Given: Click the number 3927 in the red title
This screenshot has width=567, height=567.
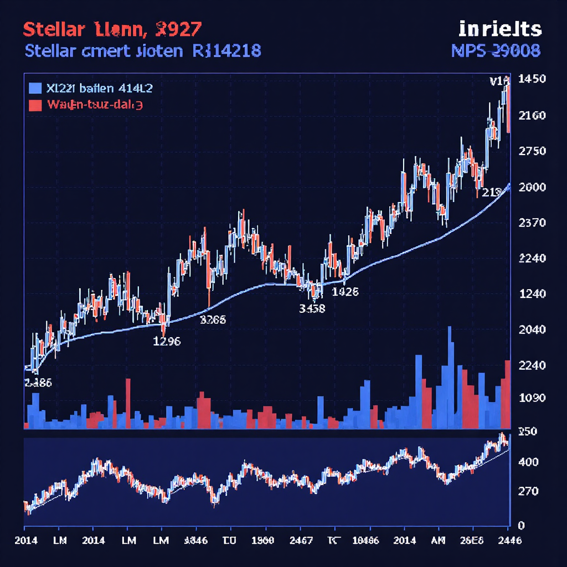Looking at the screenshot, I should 179,28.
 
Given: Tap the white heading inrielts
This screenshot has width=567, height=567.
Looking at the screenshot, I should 499,29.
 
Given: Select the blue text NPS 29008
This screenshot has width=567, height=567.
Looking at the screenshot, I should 496,51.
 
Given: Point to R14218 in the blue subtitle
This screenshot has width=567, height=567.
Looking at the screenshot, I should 226,51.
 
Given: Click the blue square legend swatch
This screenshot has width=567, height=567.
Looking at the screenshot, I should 34,87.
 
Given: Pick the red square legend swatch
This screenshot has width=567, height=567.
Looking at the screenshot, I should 34,105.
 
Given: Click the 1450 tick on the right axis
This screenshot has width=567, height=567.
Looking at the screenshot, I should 532,79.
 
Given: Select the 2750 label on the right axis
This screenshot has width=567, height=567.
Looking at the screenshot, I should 532,151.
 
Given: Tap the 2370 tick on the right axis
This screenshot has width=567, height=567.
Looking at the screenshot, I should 532,223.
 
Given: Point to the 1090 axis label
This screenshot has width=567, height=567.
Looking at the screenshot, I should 532,398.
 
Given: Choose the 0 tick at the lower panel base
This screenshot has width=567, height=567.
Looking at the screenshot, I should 521,525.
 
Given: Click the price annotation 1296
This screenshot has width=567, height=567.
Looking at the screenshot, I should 166,341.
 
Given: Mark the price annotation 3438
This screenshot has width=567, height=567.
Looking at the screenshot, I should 312,308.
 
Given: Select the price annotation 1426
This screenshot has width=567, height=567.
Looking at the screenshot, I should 344,291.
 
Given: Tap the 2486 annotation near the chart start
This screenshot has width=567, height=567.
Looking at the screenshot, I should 38,383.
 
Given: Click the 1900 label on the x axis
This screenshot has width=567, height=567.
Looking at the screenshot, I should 262,540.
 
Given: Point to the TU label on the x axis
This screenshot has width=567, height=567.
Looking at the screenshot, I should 228,540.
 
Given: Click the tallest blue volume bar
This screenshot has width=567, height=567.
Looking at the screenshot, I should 450,377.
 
